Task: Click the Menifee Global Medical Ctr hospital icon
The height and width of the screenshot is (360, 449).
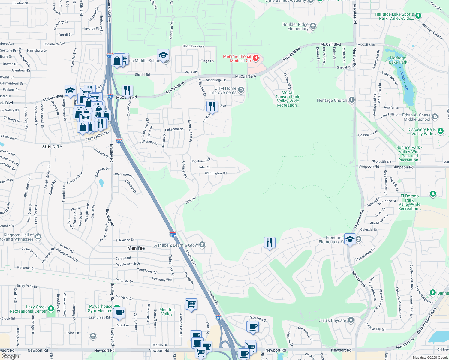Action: (256, 58)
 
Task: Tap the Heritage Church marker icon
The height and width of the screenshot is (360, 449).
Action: (352, 100)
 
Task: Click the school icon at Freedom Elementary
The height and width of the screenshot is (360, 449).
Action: (350, 239)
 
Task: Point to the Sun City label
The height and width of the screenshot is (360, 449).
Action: (52, 147)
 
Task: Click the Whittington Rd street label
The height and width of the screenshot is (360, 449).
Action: (215, 173)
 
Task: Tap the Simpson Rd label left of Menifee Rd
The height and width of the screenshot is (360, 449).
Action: (369, 166)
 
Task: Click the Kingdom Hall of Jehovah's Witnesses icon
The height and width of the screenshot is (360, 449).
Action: (38, 237)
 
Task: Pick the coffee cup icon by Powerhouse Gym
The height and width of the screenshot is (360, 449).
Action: (119, 313)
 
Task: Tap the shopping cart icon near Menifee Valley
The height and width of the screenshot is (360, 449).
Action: (191, 304)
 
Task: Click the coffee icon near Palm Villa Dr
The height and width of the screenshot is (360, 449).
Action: (253, 326)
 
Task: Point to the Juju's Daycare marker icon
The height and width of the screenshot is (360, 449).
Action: (351, 320)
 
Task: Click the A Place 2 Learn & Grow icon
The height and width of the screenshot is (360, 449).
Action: (202, 245)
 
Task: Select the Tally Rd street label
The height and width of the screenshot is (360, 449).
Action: (190, 200)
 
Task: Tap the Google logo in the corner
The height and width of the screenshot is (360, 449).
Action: (10, 356)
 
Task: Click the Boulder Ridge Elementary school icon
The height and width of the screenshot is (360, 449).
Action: (313, 26)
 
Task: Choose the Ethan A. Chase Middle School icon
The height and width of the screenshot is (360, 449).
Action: (435, 117)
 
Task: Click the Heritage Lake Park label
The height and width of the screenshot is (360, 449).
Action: (398, 60)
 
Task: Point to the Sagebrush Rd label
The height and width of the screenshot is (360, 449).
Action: (200, 161)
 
